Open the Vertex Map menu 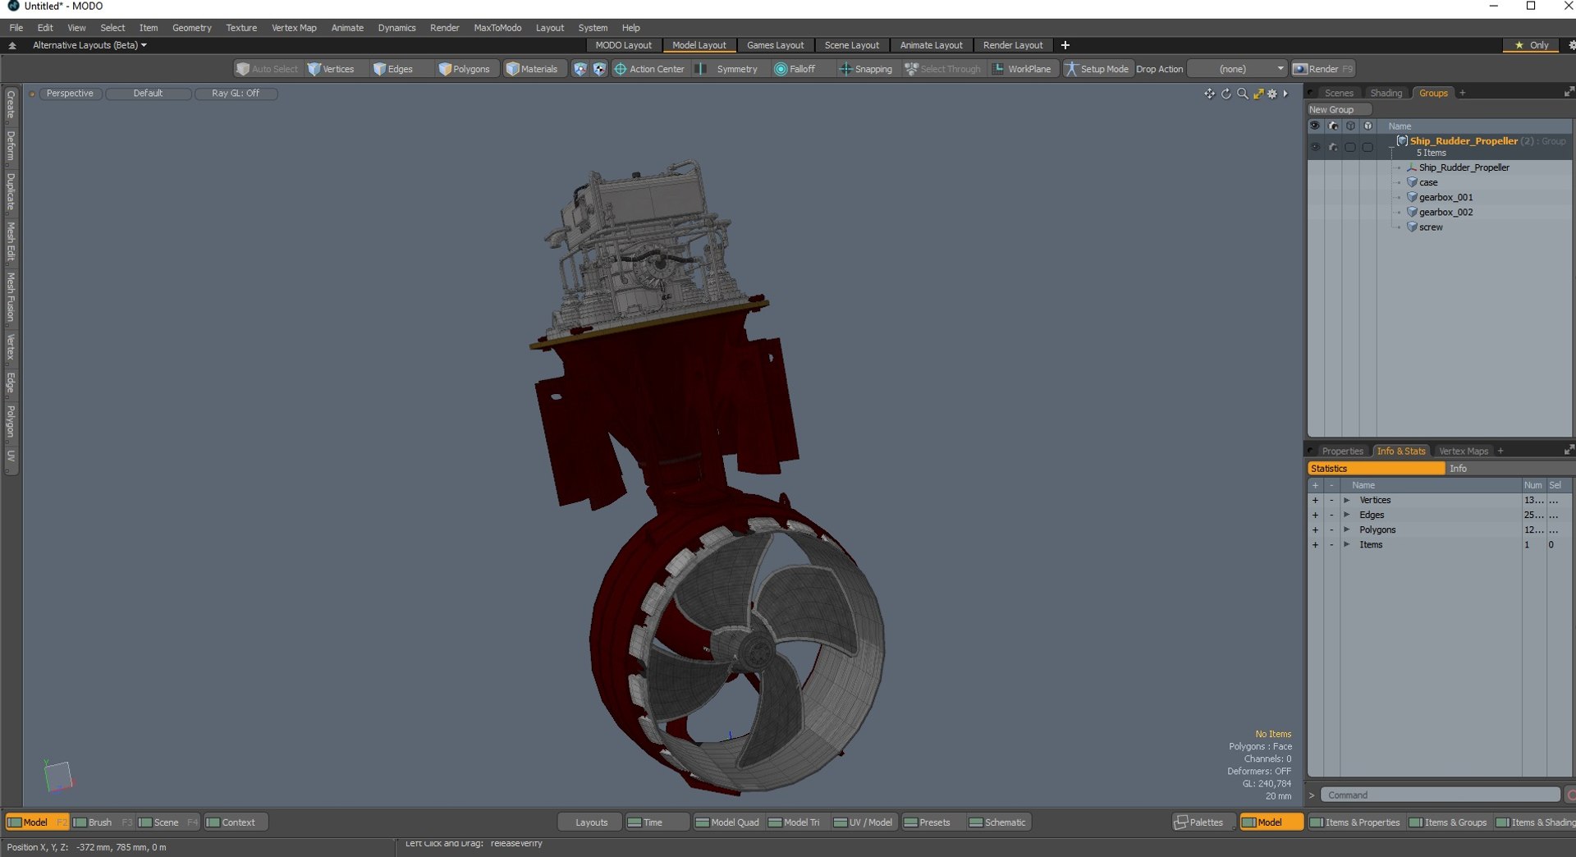click(293, 28)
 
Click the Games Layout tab click(775, 45)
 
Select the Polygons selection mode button click(465, 69)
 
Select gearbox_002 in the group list click(1445, 212)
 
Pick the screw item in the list click(1430, 227)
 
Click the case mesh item click(1428, 182)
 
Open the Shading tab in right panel click(1386, 93)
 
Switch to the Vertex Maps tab click(1463, 451)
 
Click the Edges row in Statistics click(1372, 515)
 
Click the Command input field click(1440, 795)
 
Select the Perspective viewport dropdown click(70, 94)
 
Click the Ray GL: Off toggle click(236, 94)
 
